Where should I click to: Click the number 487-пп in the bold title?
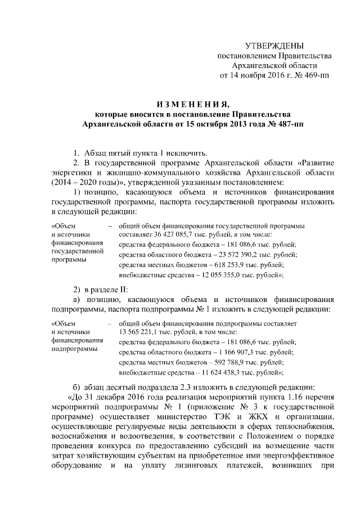[286, 123]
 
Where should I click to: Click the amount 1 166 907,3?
[231, 352]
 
